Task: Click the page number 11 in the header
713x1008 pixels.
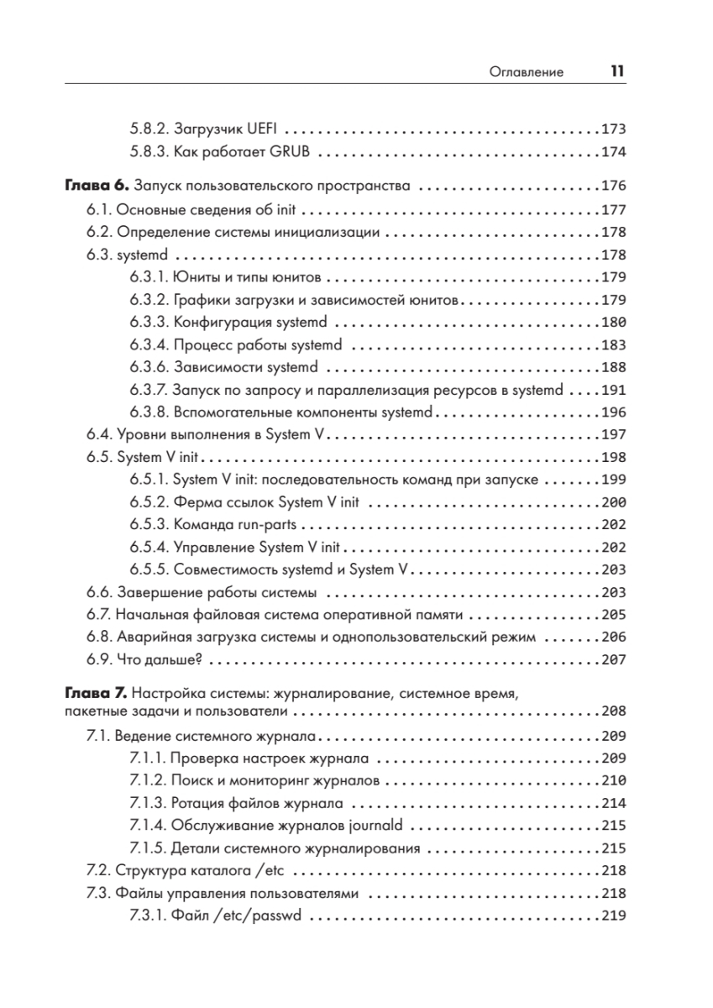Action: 616,72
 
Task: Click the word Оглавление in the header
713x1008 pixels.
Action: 526,73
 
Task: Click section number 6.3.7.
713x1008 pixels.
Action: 149,390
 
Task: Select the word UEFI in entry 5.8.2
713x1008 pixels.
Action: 265,130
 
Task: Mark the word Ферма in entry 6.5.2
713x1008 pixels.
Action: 195,502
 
